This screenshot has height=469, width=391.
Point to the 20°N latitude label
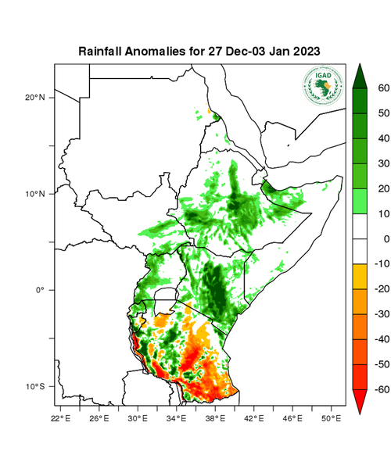(36, 97)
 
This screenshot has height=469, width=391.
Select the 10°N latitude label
(36, 194)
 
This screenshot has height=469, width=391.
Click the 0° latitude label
(41, 290)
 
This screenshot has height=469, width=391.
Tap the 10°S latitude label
(36, 387)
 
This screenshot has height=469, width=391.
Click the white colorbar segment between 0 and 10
(360, 226)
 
